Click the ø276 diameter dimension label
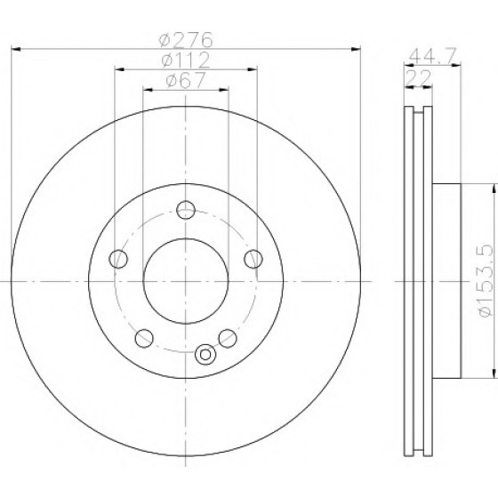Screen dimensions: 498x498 tap(186, 40)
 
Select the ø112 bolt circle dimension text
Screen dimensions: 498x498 tap(186, 60)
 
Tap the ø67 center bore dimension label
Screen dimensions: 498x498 tap(186, 80)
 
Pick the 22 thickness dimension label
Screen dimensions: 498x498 tap(418, 76)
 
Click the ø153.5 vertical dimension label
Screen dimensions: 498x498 tap(486, 280)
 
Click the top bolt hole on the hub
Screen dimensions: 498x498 tap(186, 210)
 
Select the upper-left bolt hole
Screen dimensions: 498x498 tap(118, 259)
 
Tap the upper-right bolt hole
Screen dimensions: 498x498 tap(253, 259)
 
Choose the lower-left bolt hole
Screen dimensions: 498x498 tap(144, 338)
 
